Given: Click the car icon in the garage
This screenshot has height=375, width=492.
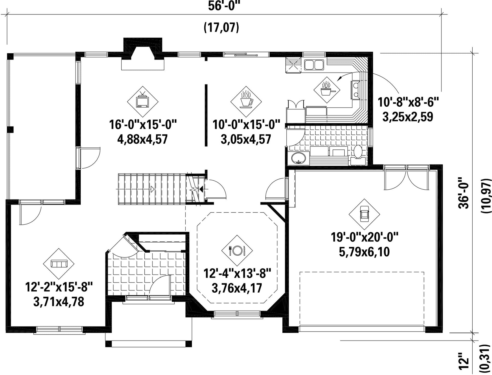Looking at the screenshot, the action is pyautogui.click(x=364, y=214).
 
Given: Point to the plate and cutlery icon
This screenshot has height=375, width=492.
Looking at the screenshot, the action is pyautogui.click(x=237, y=250).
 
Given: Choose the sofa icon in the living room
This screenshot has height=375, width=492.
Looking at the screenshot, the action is pyautogui.click(x=59, y=264).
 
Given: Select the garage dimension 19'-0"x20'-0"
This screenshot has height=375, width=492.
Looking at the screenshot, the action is pyautogui.click(x=365, y=237).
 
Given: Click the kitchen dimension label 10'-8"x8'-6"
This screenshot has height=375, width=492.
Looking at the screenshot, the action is pyautogui.click(x=408, y=102).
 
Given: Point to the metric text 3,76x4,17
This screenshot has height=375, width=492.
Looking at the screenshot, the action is pyautogui.click(x=237, y=288).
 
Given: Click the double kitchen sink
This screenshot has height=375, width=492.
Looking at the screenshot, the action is pyautogui.click(x=314, y=65).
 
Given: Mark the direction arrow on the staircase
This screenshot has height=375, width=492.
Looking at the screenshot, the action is pyautogui.click(x=152, y=189).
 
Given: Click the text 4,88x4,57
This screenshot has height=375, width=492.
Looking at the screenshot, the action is pyautogui.click(x=142, y=139).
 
